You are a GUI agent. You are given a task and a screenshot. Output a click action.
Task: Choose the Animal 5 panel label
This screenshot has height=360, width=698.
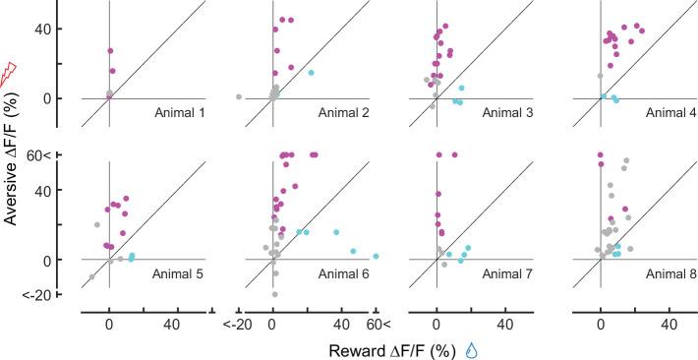click(x=179, y=272)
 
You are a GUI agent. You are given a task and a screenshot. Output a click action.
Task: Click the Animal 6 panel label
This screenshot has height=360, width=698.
click(x=343, y=272)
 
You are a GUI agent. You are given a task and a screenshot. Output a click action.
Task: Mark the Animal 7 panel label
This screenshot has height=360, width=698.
click(x=507, y=272)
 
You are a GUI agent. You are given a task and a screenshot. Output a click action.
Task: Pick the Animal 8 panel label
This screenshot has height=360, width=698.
click(x=671, y=272)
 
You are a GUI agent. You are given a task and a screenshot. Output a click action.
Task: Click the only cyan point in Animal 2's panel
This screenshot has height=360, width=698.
click(x=312, y=73)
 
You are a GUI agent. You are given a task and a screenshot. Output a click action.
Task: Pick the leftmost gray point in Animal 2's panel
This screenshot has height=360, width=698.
click(x=239, y=96)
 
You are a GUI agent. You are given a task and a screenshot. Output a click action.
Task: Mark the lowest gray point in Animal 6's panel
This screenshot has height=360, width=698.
click(x=274, y=294)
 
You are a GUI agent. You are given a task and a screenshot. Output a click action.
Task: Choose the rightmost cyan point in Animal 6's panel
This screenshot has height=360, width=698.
click(x=376, y=256)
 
